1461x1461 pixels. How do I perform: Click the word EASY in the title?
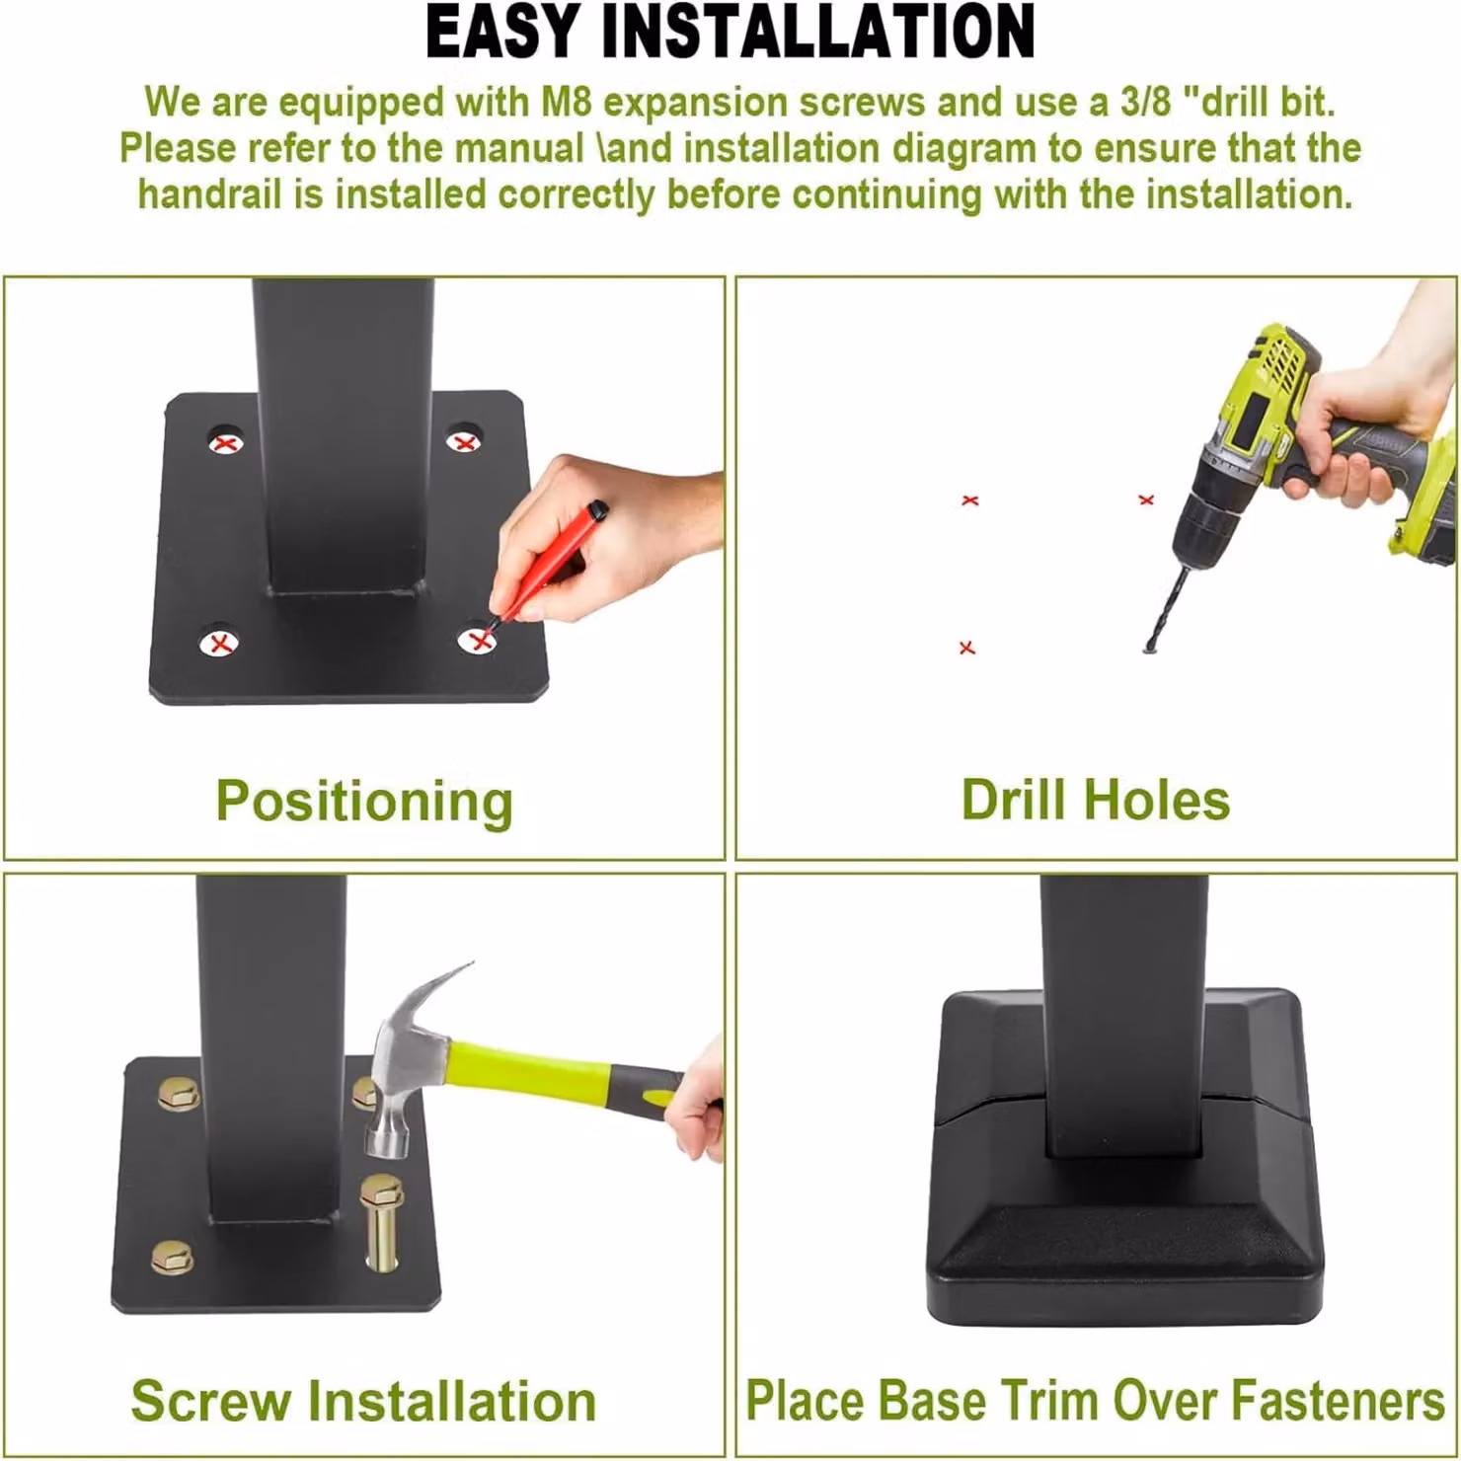(x=502, y=32)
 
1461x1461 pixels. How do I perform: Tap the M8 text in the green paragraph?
(x=566, y=102)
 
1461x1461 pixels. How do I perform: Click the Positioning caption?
(x=364, y=801)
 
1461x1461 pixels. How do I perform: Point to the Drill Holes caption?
(x=1096, y=800)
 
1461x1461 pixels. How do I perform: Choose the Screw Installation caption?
(x=363, y=1401)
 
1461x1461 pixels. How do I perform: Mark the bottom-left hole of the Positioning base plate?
(x=220, y=644)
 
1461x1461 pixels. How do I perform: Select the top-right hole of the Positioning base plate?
(x=464, y=441)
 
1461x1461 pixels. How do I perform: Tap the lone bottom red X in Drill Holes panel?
(x=967, y=648)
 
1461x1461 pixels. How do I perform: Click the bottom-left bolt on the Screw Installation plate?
(x=173, y=1257)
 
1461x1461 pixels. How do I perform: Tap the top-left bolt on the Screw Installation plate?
(x=181, y=1093)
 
